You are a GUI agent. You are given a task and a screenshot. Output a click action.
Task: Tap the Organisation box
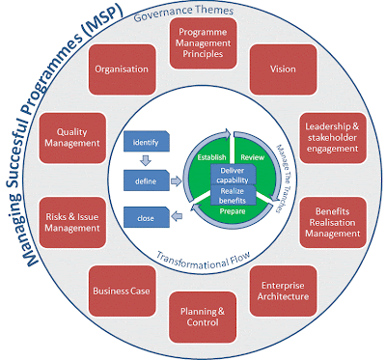click(x=123, y=70)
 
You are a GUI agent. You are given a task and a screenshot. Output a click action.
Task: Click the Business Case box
click(x=121, y=290)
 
